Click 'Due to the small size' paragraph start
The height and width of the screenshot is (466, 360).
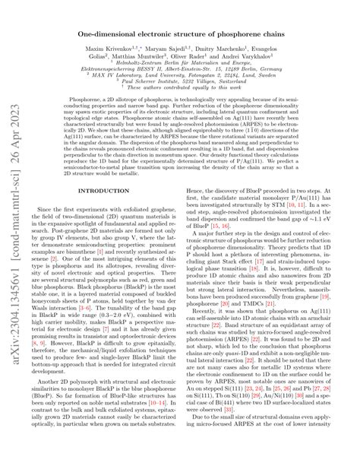pyautogui.click(x=228, y=439)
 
